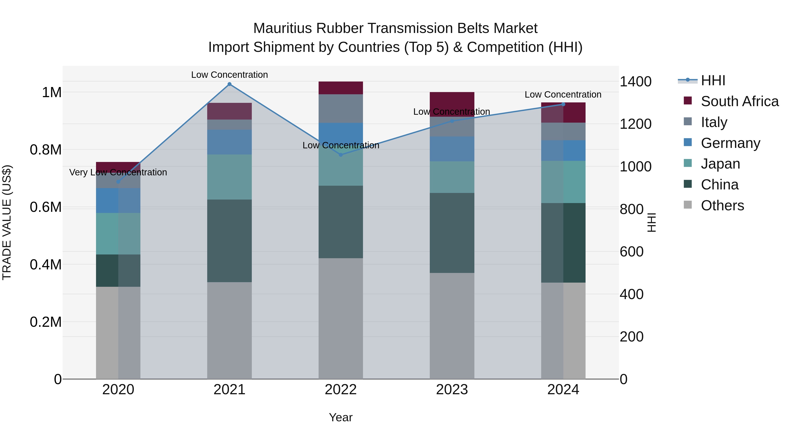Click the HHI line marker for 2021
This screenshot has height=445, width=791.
tap(229, 84)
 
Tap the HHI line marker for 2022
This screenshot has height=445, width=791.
tap(341, 155)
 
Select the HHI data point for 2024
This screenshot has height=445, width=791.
tap(563, 104)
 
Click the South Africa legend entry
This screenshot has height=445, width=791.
tap(739, 101)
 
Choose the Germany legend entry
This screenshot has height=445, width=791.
tap(730, 143)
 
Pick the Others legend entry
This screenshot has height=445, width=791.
tap(722, 205)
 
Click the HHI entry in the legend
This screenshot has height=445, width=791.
tap(713, 80)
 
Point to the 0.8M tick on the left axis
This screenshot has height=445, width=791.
tap(45, 150)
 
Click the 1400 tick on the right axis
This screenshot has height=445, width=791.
tap(635, 82)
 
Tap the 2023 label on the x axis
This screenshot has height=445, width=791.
tap(452, 390)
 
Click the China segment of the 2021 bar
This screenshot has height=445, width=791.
tap(229, 241)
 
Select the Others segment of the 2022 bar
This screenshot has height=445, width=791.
tap(341, 318)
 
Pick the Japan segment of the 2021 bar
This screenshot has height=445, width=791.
tap(229, 177)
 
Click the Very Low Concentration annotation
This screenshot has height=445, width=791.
tap(118, 172)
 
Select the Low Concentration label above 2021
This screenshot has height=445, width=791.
tap(229, 75)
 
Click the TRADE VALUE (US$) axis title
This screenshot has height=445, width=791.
tap(7, 222)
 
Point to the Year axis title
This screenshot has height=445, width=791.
tap(341, 417)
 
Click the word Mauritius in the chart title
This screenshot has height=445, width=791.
tap(282, 28)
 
